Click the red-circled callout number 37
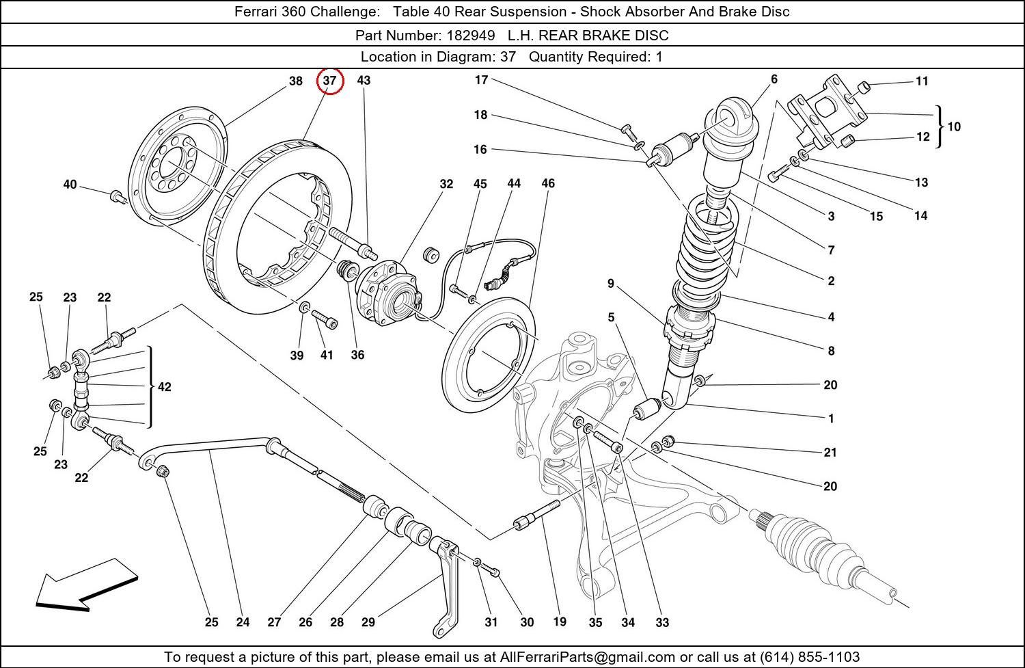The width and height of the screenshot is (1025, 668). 330,81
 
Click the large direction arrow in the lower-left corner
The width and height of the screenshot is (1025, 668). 85,583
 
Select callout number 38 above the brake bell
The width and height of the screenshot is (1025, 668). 295,81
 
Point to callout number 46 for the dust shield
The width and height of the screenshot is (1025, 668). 548,183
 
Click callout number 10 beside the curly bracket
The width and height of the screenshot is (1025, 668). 954,126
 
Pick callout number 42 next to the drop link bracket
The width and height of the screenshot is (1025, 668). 164,387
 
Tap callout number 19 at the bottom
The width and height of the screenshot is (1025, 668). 560,622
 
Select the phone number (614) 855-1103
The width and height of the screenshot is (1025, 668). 810,657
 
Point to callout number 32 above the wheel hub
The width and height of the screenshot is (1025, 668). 446,184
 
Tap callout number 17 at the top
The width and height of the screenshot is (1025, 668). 481,80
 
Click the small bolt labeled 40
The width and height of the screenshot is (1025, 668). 117,197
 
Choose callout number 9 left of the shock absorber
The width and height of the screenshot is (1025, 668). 610,283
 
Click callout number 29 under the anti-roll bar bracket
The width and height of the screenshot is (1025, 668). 368,622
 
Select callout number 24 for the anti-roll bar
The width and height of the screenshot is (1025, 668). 243,622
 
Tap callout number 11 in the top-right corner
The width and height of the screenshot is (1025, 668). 922,81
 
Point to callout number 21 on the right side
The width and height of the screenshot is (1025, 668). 830,452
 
